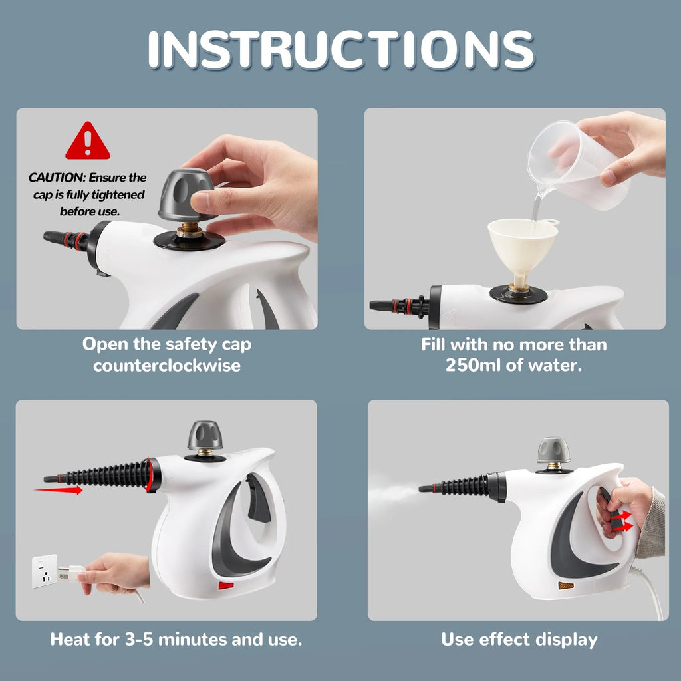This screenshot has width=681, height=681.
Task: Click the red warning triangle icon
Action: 87,142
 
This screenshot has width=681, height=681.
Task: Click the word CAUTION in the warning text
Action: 57,178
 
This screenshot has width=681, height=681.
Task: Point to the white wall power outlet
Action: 45,571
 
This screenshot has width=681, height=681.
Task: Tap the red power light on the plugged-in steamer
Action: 226,586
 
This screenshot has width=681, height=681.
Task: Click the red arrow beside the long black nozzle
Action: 59,491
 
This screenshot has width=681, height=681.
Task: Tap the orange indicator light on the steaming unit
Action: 565,585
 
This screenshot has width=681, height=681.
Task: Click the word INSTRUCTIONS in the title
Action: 340,49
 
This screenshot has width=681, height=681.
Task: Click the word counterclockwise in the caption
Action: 167,365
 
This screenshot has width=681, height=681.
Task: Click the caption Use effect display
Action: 519,640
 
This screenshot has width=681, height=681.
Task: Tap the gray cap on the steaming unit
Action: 553,450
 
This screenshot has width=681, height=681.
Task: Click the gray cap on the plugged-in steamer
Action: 205,436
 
